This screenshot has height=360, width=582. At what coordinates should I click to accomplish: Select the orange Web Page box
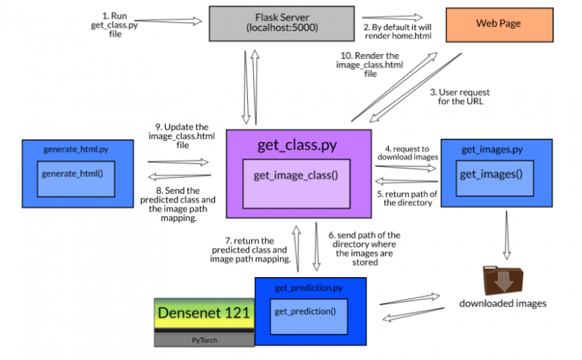(x=498, y=24)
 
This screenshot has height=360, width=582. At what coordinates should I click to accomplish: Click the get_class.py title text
(x=297, y=144)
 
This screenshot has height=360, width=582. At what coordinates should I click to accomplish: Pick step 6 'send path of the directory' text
(x=365, y=248)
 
